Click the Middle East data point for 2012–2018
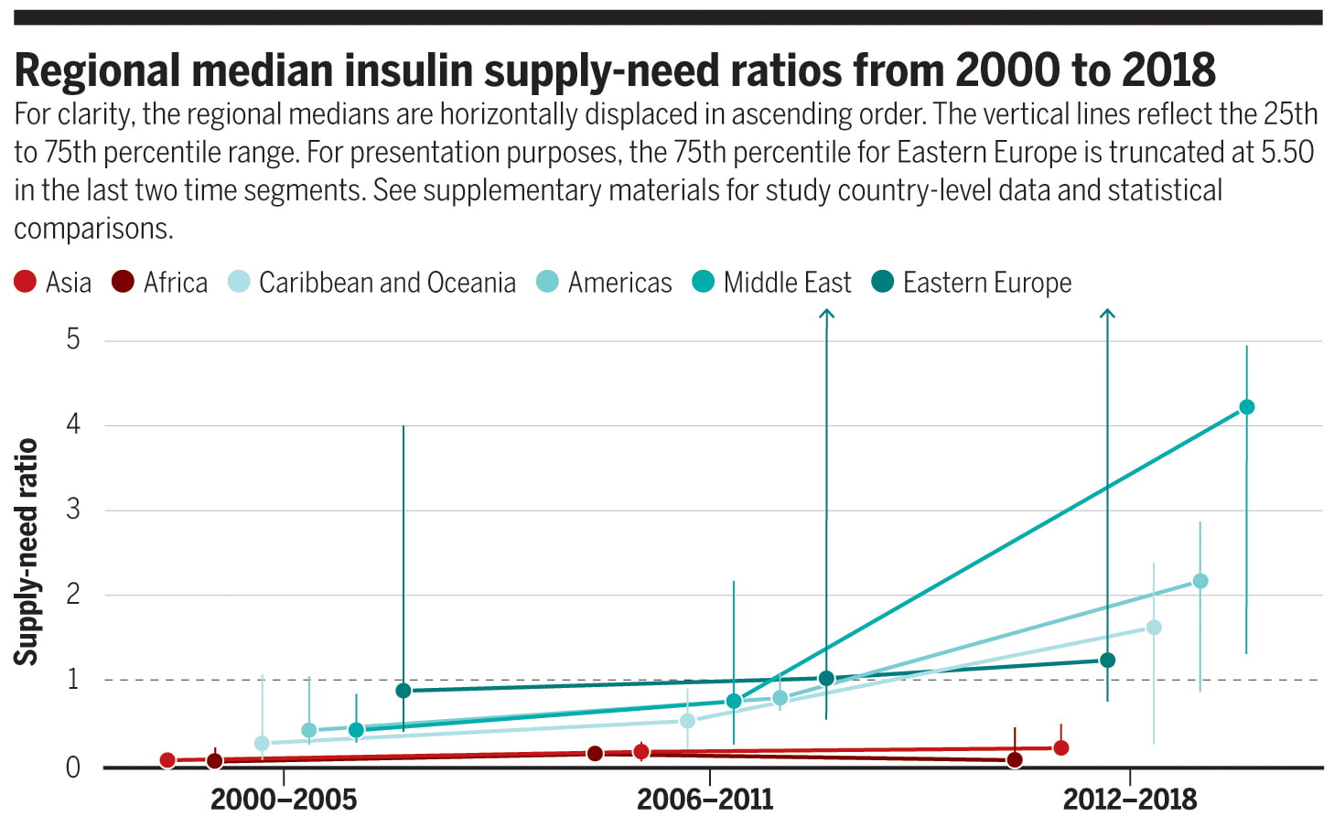1246,407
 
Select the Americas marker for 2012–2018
1200,581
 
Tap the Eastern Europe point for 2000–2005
403,690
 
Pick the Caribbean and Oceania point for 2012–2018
1154,628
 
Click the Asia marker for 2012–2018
1061,747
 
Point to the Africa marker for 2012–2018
1015,760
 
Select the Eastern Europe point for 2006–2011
826,679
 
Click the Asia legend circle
25,282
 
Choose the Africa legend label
176,283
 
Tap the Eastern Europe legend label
986,283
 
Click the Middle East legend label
787,283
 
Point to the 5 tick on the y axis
73,339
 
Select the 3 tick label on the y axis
73,510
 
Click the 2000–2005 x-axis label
284,800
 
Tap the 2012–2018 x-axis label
1130,800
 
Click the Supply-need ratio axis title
26,552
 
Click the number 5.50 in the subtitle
1286,152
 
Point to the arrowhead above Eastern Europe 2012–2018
1107,314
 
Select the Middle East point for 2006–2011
734,701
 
